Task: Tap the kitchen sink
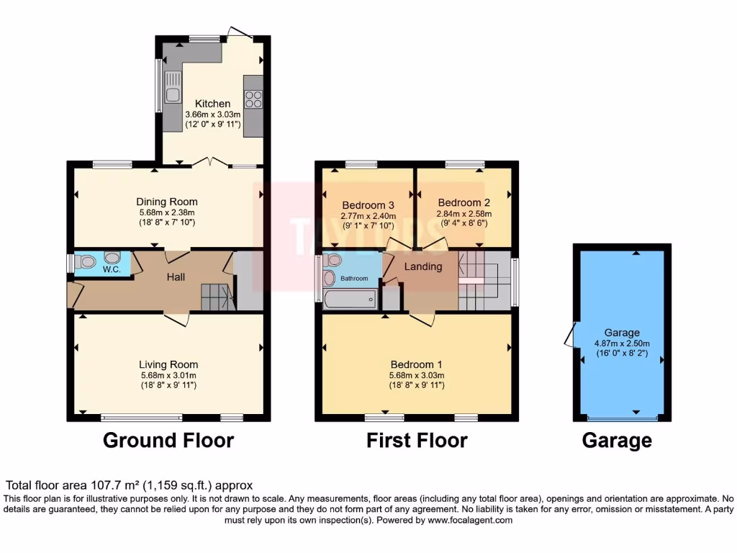tap(173, 87)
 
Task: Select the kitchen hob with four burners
tap(253, 99)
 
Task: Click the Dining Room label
tap(167, 202)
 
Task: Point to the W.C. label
tap(111, 270)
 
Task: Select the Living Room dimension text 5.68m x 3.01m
tap(168, 375)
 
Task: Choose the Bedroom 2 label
tap(464, 203)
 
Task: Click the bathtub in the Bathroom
tap(350, 299)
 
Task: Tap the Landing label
tap(423, 267)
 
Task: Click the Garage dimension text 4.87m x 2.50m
tap(622, 343)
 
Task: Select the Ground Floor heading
tap(168, 440)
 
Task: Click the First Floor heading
tap(417, 440)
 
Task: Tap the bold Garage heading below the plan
tap(617, 440)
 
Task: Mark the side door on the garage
tap(571, 333)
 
